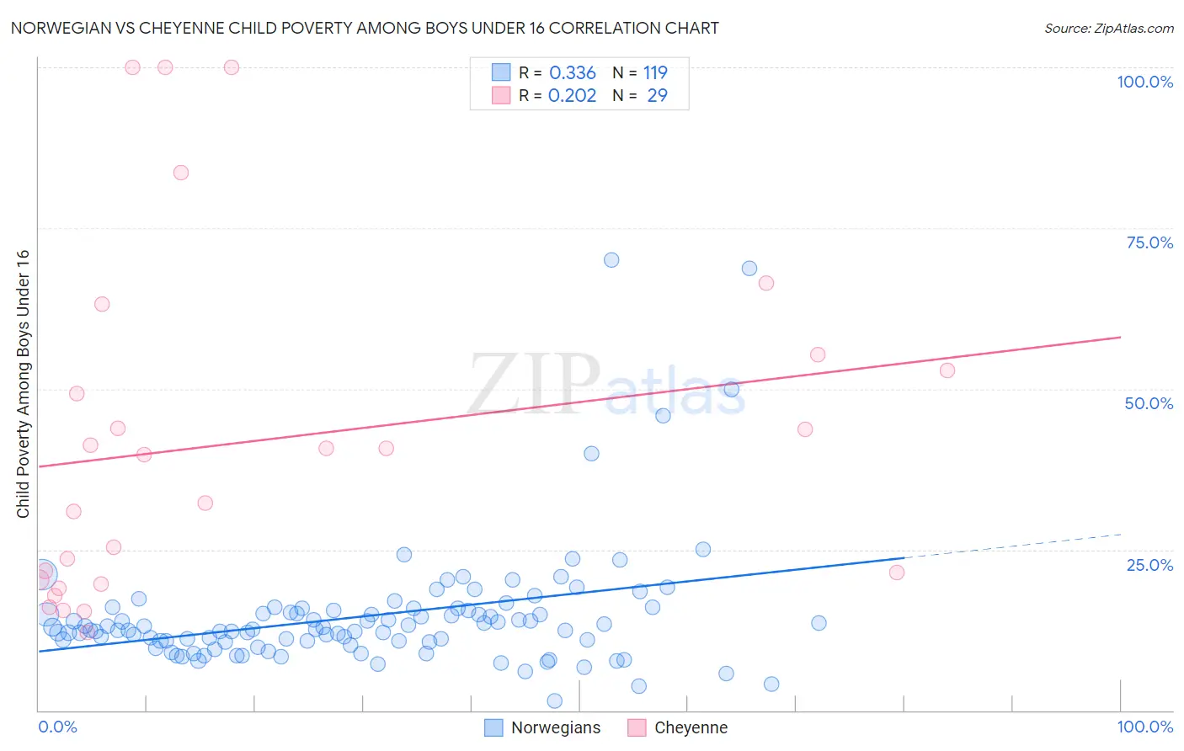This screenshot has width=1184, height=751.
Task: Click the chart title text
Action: (365, 28)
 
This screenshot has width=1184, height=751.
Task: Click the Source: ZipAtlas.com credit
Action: (1108, 29)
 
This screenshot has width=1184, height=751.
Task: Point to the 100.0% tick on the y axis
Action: (1144, 82)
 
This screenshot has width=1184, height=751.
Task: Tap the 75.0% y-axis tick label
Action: (1149, 242)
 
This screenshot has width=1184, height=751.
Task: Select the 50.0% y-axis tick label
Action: (1149, 403)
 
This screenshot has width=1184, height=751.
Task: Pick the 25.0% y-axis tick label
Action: (1149, 565)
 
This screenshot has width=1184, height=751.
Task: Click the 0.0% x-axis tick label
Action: (57, 727)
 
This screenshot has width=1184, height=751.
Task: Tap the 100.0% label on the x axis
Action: (1144, 727)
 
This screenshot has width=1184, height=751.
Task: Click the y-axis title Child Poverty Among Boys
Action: (23, 384)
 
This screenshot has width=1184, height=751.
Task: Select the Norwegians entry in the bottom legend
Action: (555, 727)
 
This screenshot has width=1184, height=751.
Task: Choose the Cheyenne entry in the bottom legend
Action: (690, 727)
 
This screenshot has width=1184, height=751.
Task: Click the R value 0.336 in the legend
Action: (572, 73)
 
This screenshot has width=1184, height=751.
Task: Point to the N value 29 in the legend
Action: (657, 96)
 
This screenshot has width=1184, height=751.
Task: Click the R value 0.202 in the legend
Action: (572, 96)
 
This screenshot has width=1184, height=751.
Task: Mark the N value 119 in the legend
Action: (655, 73)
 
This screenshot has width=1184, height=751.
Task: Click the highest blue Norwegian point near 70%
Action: (611, 260)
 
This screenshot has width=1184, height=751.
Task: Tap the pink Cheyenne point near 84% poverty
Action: (181, 173)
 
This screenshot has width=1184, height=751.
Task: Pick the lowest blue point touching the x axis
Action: (554, 700)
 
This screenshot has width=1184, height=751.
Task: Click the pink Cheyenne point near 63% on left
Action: (102, 304)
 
